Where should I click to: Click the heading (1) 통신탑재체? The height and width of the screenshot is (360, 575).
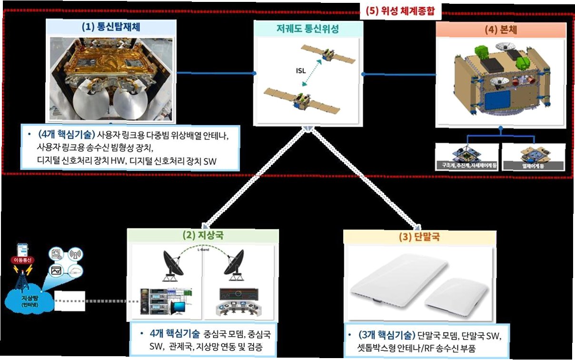(x=113, y=27)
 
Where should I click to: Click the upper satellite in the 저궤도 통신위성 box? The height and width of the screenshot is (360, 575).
(x=327, y=56)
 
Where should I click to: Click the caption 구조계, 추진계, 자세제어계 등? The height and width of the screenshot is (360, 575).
(x=466, y=166)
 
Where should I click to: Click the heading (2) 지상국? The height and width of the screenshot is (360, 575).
(x=202, y=236)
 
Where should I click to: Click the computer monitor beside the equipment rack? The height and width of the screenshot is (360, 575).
(x=181, y=304)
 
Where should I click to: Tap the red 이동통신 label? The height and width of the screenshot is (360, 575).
(x=21, y=260)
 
